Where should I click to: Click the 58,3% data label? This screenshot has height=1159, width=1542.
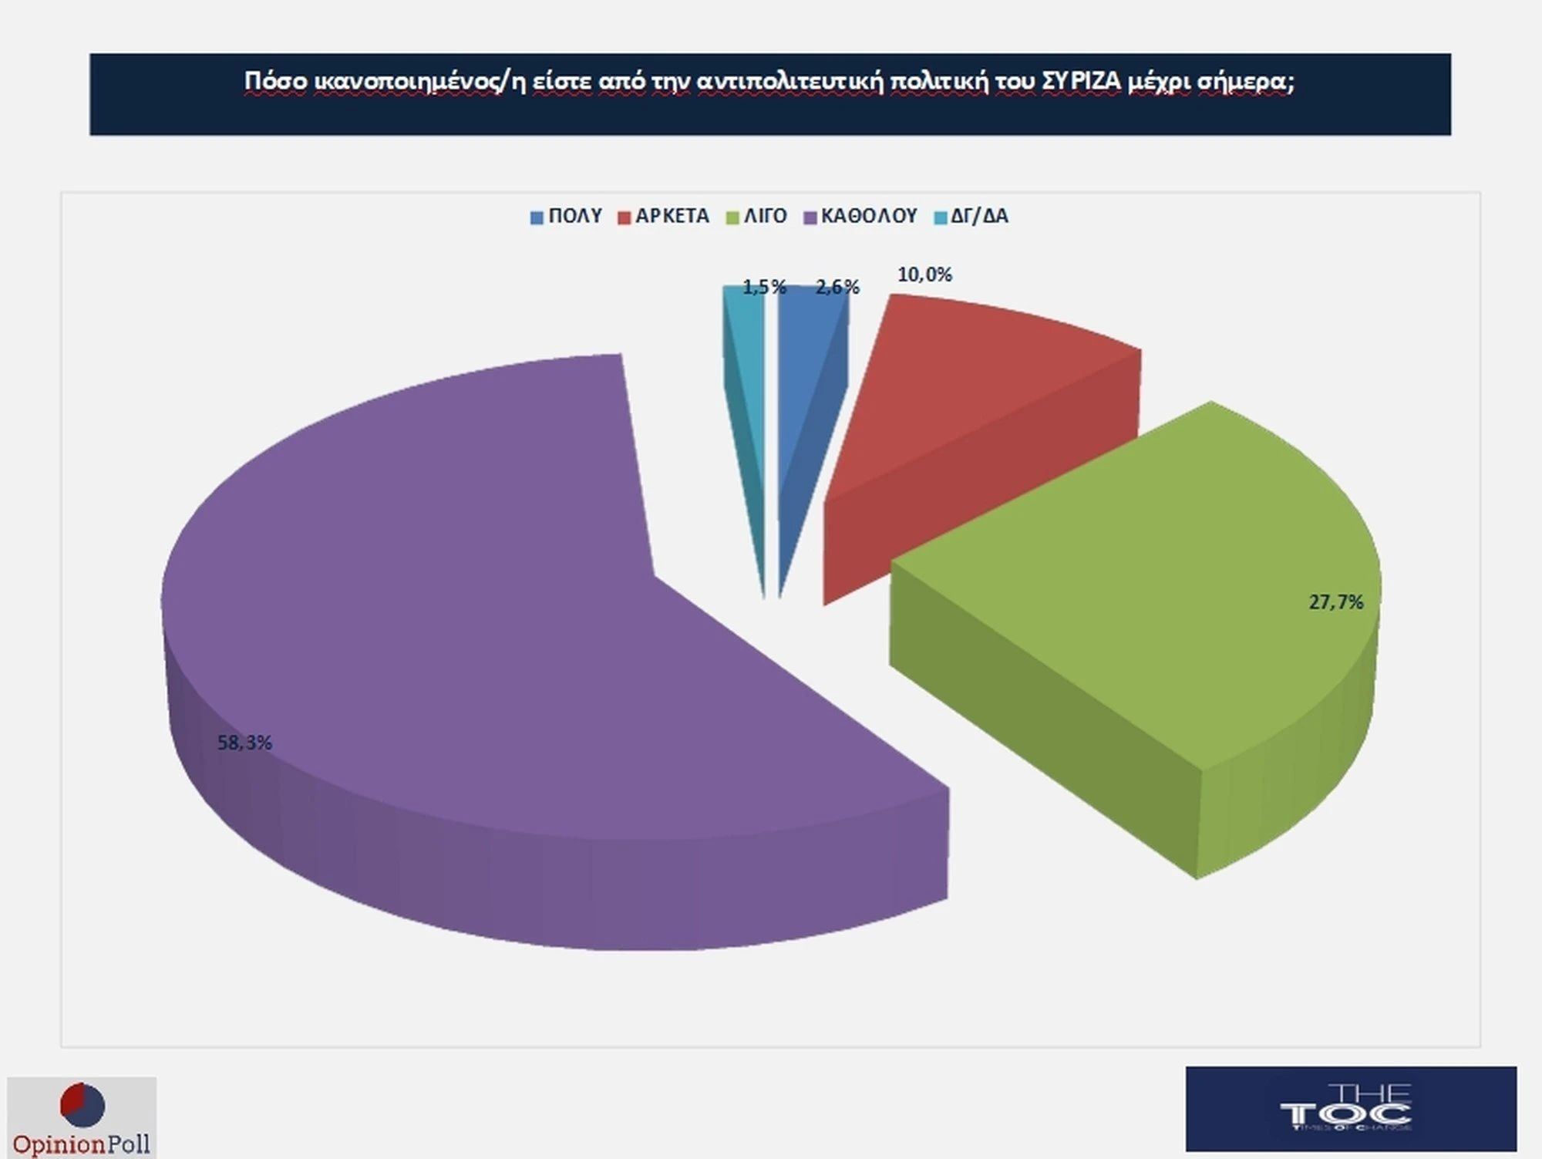point(244,743)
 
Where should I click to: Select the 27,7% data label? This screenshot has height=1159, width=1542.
point(1335,602)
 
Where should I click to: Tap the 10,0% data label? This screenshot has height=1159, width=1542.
point(924,275)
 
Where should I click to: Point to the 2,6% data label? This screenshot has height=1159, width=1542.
point(837,287)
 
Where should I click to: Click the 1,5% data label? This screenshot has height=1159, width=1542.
point(764,287)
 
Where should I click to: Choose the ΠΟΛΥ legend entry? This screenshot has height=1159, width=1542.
point(566,216)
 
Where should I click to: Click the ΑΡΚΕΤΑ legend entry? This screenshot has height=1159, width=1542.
point(663,216)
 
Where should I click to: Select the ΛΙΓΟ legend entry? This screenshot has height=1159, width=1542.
point(756,216)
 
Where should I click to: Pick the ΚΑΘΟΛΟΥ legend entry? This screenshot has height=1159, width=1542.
point(860,216)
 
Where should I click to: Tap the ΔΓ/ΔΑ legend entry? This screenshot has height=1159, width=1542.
point(971,216)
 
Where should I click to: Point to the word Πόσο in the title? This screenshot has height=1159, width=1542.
point(276,81)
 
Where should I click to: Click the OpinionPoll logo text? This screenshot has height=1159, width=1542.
point(82,1144)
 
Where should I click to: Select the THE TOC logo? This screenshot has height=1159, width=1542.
point(1350,1108)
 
